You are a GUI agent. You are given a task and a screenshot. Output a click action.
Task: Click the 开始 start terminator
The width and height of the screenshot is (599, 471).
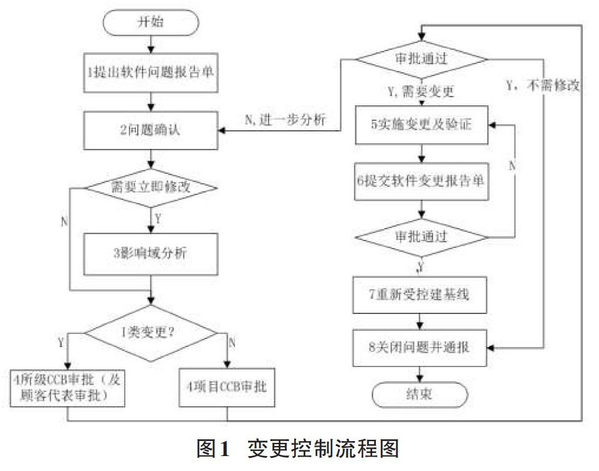pos(151,22)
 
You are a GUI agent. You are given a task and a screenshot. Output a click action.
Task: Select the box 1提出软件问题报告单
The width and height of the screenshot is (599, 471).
pos(151,72)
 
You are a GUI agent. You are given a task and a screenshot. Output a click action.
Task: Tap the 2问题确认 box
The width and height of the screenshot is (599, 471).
pos(151,130)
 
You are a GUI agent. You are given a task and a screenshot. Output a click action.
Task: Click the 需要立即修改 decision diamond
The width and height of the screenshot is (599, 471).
pos(151,188)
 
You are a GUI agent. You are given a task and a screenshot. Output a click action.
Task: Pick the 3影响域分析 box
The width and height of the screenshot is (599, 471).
pos(151,254)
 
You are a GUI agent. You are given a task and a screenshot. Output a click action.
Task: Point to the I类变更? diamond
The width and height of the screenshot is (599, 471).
pos(151,333)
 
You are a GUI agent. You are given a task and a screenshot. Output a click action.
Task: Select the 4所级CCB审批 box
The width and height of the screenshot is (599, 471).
pos(67,388)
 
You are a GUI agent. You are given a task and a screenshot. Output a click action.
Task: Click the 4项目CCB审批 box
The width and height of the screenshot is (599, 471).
pos(227,388)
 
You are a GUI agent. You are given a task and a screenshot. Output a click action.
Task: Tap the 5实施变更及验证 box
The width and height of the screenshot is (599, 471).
pos(421,125)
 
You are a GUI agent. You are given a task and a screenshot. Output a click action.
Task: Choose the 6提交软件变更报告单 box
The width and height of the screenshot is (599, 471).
pos(421,181)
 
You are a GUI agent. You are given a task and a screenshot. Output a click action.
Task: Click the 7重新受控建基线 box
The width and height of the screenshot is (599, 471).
pos(420,295)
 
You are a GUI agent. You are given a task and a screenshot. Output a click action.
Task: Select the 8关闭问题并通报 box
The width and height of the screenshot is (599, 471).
pos(420,348)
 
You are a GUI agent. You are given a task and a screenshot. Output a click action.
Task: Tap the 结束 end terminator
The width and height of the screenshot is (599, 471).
pos(420,394)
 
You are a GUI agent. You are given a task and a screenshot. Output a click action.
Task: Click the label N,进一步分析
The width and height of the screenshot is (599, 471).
pos(285,120)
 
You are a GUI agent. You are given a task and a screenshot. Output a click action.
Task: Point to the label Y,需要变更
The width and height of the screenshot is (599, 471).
pos(421,92)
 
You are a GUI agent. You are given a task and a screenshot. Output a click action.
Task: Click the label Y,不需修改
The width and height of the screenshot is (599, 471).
pos(543,85)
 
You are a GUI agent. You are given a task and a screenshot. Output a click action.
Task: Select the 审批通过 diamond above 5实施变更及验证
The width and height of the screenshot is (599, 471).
pos(421,59)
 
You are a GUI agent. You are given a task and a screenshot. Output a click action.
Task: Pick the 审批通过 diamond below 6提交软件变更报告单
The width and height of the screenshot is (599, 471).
pos(421,237)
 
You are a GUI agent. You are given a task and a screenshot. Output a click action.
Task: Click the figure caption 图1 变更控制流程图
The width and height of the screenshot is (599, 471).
pos(298,449)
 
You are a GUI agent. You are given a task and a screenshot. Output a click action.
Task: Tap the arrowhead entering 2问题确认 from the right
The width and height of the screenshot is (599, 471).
pos(222,131)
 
